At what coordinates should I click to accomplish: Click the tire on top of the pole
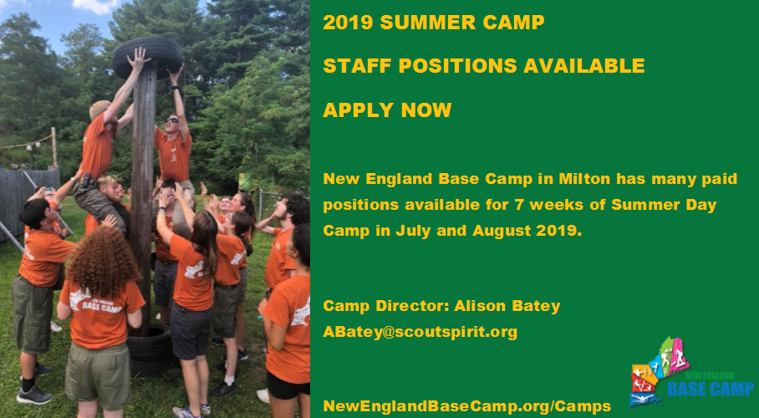click(147, 56)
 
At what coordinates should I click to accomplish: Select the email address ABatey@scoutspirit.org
click(420, 332)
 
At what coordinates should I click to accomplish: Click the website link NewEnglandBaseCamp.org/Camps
click(467, 406)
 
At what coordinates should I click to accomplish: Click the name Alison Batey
click(507, 306)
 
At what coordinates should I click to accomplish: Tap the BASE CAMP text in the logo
click(711, 389)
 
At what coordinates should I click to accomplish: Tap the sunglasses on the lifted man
click(172, 120)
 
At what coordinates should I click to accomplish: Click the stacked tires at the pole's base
click(150, 351)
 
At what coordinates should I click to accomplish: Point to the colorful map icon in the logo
click(660, 370)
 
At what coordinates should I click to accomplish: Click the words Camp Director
click(385, 306)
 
